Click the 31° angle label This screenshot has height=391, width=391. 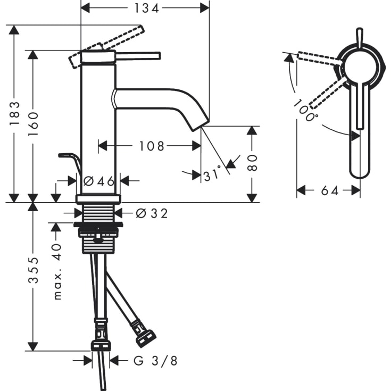click(212, 174)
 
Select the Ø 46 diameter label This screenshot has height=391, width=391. click(99, 181)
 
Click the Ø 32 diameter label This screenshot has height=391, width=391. click(152, 213)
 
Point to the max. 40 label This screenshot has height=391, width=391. click(57, 271)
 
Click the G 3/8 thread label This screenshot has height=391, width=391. click(155, 361)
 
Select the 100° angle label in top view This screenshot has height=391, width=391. click(306, 111)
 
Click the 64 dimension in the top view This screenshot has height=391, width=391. click(330, 190)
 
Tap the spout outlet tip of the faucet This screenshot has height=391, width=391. click(201, 123)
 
